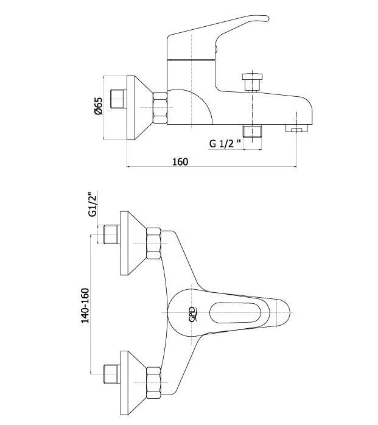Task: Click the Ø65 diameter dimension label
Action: point(99,106)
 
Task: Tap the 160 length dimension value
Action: point(180,161)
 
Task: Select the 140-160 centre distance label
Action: point(85,306)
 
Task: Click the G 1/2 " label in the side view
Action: point(225,143)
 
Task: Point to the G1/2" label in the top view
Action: point(93,204)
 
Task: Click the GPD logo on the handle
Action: point(192,314)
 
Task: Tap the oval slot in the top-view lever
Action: point(235,312)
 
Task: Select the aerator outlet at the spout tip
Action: point(297,128)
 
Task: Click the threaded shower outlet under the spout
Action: point(252,131)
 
